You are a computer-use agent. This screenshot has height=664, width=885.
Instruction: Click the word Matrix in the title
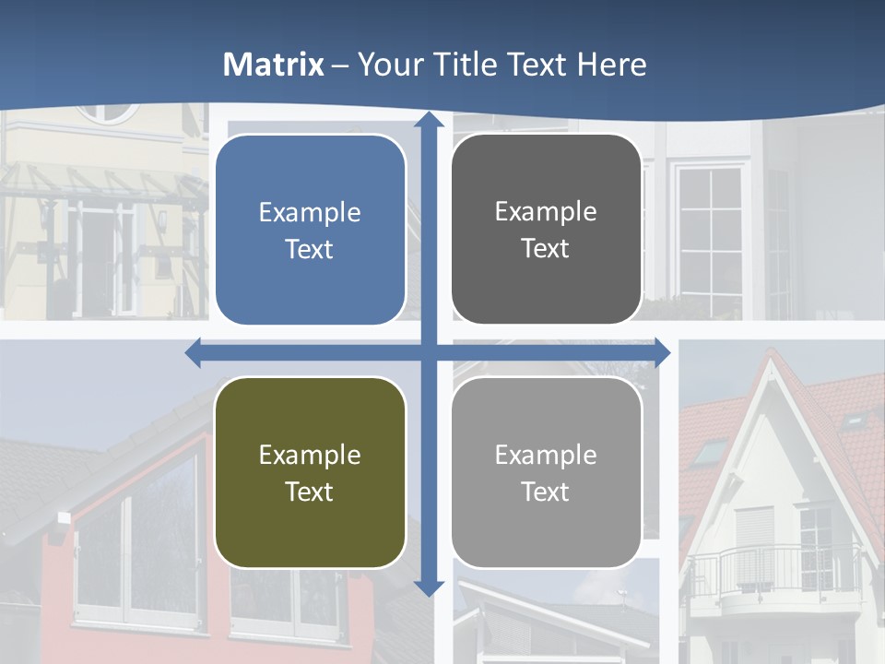tap(274, 65)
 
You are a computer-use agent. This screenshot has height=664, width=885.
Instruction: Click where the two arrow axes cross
tap(429, 352)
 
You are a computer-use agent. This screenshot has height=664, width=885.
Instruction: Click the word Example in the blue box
tap(310, 213)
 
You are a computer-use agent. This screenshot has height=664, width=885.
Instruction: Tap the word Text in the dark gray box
tap(546, 249)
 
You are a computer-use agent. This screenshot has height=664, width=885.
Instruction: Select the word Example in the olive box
tap(310, 455)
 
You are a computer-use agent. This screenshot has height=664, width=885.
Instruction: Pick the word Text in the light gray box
tap(546, 492)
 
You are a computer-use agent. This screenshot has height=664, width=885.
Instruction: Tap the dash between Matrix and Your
tap(340, 65)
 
